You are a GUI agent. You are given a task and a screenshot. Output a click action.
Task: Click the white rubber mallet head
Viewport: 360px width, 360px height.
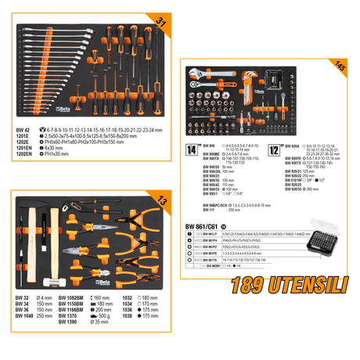37,281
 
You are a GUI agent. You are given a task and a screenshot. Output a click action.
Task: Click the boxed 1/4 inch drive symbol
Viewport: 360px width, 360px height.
191,147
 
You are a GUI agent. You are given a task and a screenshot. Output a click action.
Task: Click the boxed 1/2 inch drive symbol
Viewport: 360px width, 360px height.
275,147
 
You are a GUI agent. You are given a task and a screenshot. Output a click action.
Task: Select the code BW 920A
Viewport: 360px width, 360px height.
293,146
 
